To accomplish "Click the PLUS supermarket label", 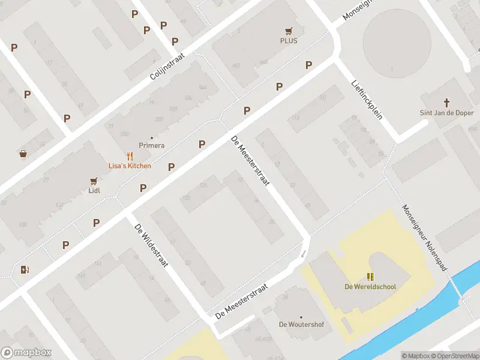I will [289, 41].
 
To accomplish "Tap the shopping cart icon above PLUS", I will [289, 31].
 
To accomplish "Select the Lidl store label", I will [94, 191].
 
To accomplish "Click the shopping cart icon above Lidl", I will [94, 181].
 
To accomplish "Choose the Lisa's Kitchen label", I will [130, 166].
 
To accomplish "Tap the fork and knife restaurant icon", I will [129, 155].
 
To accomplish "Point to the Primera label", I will [151, 145].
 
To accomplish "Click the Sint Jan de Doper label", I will [446, 113].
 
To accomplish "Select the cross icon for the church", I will [446, 103].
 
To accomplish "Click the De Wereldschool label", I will [370, 286].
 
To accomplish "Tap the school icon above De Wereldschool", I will [370, 276].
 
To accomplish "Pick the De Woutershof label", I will [301, 325].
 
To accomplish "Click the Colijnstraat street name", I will [167, 71].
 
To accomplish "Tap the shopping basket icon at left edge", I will [23, 154].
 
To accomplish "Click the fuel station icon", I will [25, 269].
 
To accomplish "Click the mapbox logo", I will [26, 353].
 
